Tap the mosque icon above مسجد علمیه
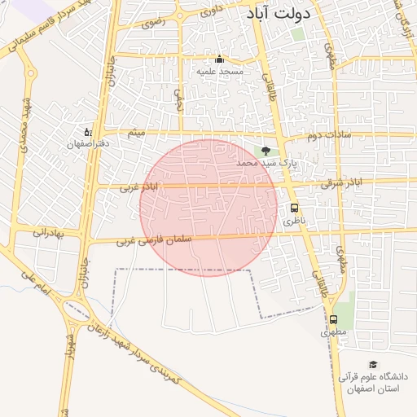219,59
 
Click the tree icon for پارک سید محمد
265,151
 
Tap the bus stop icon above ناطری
294,208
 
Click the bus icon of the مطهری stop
333,319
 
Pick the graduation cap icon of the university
373,364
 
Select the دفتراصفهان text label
88,143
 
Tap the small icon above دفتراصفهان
88,131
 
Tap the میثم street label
136,132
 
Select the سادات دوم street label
329,134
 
